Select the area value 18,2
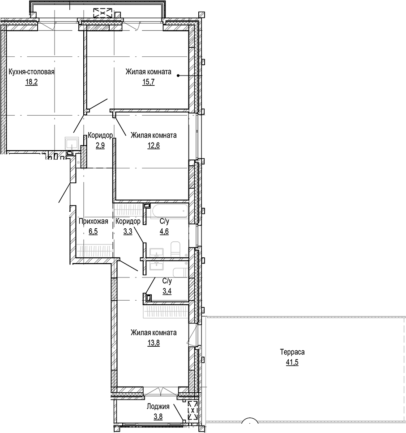(31, 83)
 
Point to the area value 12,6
(153, 146)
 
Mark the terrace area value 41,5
(292, 362)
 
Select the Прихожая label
(93, 221)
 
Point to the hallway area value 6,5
(93, 231)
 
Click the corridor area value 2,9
(100, 146)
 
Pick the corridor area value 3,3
(128, 231)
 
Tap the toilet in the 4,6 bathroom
(175, 248)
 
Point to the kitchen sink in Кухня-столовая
(71, 143)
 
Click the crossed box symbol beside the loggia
(192, 410)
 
